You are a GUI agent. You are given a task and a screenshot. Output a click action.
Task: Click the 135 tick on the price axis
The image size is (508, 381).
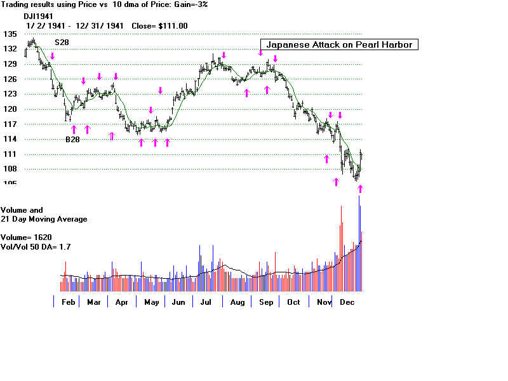9,34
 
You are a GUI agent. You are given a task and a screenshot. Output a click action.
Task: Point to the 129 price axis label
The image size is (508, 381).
9,64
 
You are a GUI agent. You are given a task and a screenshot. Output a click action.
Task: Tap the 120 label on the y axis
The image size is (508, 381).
9,109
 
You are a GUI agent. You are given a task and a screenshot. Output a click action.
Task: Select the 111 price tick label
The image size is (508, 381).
9,154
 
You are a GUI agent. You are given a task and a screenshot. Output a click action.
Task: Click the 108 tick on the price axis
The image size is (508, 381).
9,170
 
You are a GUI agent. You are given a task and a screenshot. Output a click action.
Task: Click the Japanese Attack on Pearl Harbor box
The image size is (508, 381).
340,44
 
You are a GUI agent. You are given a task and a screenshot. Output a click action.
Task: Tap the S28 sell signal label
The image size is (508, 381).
62,42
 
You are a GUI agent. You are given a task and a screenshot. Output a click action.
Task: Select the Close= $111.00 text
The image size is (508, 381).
159,26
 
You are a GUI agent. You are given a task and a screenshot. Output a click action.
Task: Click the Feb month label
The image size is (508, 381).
69,302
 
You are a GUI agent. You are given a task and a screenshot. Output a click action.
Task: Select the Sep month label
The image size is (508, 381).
266,302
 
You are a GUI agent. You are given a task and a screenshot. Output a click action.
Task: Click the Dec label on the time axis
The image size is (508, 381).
347,302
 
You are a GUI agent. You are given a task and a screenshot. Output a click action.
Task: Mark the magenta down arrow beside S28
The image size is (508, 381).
52,56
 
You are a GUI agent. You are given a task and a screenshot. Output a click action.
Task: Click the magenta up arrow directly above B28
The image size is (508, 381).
73,130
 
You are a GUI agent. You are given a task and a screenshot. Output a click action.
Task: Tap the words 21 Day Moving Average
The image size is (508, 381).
44,219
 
